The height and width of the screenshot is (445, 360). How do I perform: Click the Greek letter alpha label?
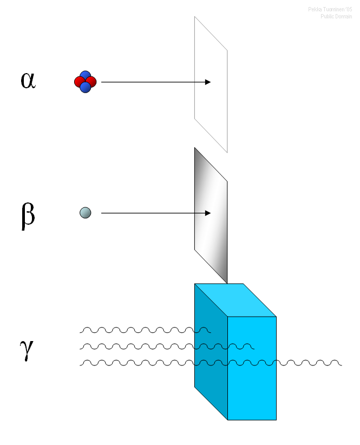(28, 81)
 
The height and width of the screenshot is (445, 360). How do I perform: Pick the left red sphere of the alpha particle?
(80, 82)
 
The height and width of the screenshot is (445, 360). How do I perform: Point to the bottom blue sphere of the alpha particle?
(85, 87)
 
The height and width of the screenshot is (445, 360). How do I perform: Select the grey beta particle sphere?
(85, 213)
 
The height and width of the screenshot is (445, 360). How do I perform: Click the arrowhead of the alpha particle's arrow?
(207, 82)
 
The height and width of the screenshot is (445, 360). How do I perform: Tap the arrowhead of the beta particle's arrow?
(207, 213)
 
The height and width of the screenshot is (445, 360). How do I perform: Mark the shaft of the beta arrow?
(152, 213)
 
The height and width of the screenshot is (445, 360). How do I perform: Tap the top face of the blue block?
(235, 300)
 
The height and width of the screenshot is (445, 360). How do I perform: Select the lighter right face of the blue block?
(252, 379)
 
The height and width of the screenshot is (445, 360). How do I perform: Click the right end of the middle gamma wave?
(251, 346)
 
